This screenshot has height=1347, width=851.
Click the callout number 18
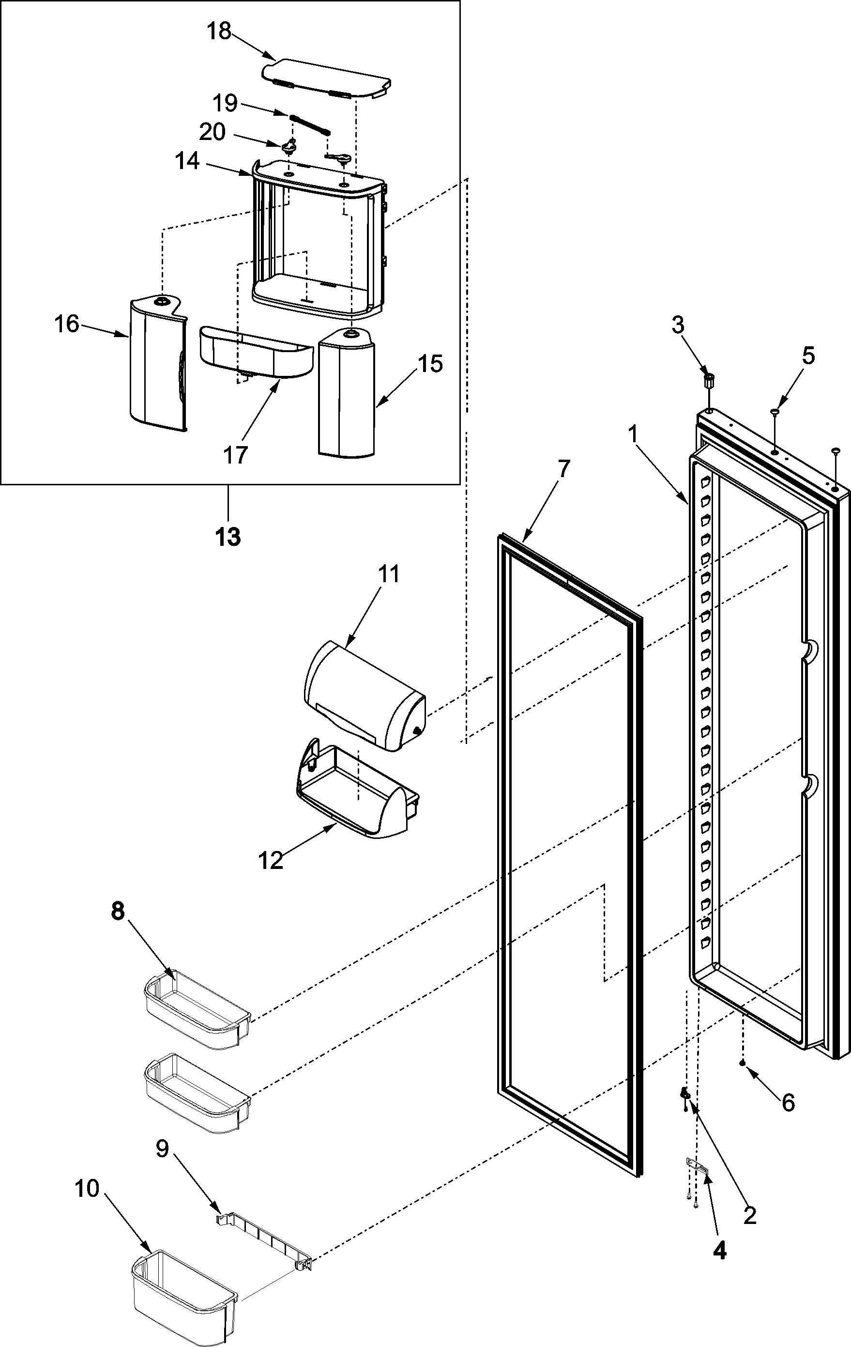pyautogui.click(x=219, y=32)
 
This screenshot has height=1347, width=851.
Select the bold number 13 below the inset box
pyautogui.click(x=228, y=537)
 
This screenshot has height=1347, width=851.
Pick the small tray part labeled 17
pyautogui.click(x=255, y=354)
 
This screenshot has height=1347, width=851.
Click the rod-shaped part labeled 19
pyautogui.click(x=310, y=124)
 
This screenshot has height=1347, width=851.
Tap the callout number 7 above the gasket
pyautogui.click(x=563, y=469)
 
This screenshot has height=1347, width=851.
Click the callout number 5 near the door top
pyautogui.click(x=808, y=356)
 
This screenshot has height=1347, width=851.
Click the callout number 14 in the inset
pyautogui.click(x=187, y=161)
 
